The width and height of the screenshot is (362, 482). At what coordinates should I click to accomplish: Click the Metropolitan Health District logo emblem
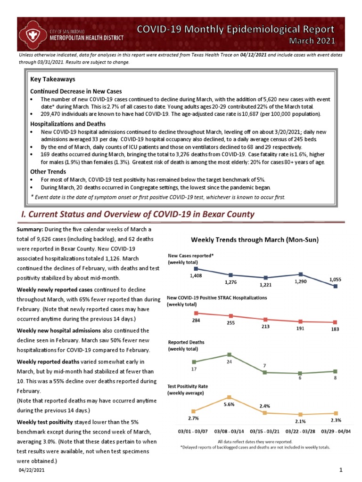(x=33, y=34)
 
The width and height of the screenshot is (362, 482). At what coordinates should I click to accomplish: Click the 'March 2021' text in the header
(x=312, y=41)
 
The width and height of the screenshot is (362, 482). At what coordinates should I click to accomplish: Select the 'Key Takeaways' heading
(x=53, y=79)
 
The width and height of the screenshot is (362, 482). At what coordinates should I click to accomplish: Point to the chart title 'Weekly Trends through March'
(x=255, y=240)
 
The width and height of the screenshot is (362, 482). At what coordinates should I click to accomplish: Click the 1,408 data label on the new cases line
(x=196, y=276)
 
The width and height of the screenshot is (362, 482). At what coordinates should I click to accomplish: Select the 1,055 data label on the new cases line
(x=336, y=279)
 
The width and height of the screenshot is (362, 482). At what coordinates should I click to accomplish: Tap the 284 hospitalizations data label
(x=196, y=320)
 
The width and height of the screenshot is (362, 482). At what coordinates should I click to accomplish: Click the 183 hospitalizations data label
(x=336, y=329)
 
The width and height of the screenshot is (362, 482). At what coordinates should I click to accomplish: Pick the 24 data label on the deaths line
(x=229, y=349)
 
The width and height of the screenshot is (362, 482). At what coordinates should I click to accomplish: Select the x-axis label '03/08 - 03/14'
(x=230, y=431)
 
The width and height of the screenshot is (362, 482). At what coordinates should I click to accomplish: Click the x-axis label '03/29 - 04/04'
(x=336, y=431)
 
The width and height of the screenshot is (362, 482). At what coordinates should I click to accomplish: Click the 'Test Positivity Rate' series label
(x=188, y=386)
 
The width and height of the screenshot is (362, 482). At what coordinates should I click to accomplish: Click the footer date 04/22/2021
(x=32, y=470)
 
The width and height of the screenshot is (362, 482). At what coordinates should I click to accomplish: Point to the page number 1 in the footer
(x=340, y=470)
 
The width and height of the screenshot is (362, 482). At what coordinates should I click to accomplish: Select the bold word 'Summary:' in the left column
(x=30, y=229)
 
